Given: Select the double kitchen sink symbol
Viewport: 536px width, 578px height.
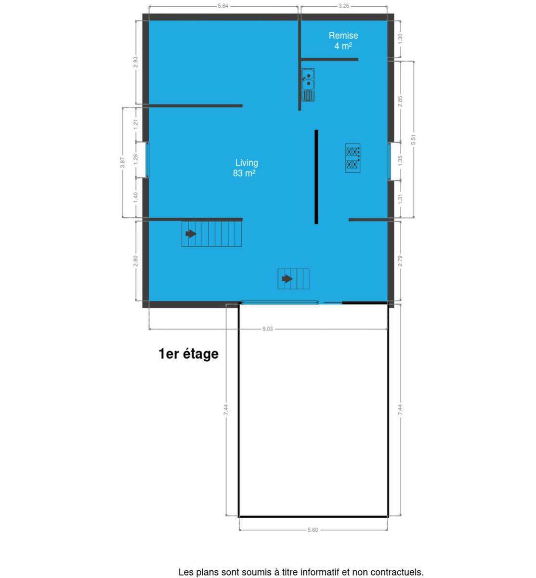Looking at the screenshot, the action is (x=308, y=85).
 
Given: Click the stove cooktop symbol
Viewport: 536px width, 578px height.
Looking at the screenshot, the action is (x=353, y=158).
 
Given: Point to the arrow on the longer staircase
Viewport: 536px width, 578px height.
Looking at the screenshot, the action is (x=191, y=234).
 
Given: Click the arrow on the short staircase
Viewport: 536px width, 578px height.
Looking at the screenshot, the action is (x=287, y=279).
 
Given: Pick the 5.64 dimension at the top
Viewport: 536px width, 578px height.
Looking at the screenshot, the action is (x=223, y=6).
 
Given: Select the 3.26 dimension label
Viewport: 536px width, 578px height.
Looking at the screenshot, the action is (x=344, y=6).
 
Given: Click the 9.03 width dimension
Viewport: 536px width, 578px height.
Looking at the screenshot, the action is (x=268, y=329).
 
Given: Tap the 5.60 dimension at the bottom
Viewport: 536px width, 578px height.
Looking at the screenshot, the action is (x=313, y=530).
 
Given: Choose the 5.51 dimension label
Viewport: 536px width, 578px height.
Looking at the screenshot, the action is (x=414, y=139).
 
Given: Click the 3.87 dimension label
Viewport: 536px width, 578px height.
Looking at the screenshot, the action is (x=122, y=162).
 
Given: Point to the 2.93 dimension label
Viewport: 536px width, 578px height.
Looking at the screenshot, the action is (x=136, y=62).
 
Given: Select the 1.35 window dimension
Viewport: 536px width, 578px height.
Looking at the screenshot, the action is (x=400, y=161).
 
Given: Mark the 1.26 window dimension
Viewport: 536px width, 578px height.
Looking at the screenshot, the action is (x=136, y=159).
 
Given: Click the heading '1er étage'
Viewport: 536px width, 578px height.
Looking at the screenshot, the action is (x=189, y=354).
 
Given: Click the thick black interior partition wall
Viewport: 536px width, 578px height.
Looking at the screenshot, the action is (x=316, y=177).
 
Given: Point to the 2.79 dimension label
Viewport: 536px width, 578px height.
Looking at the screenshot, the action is (x=400, y=261).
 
